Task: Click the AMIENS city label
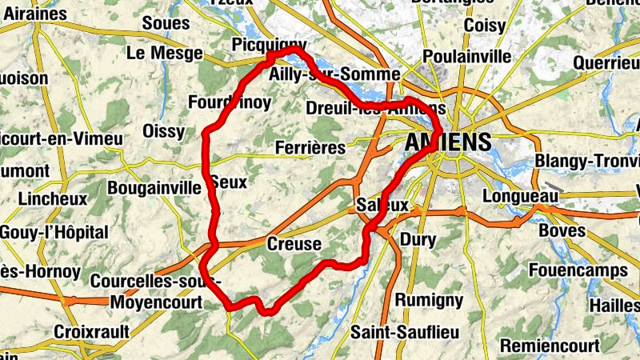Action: point(448,142)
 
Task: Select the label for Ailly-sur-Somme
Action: point(334,74)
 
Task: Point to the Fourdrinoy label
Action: point(229,102)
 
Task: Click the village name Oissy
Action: point(163,131)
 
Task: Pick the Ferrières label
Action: point(310,148)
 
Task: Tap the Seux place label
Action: point(229,182)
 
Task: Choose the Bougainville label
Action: point(154,188)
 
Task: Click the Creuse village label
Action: point(294,244)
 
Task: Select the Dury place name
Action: point(418,239)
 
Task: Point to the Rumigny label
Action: point(430,300)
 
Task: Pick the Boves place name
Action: point(563,230)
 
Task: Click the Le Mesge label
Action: point(159,53)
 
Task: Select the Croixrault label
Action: point(90,330)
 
